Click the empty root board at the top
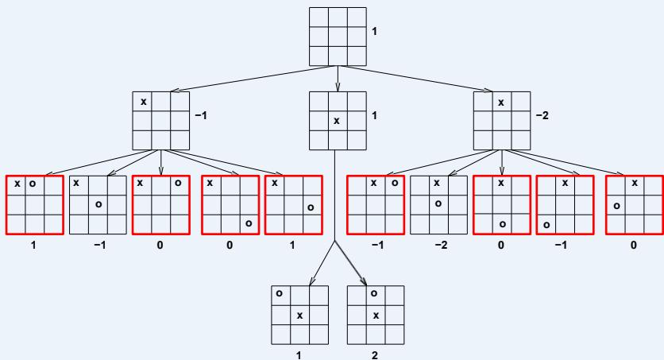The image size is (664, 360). pos(337,37)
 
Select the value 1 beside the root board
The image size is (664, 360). pos(375,31)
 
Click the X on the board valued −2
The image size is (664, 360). pos(500,102)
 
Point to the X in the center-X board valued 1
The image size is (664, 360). pos(337,121)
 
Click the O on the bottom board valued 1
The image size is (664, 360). pos(280,293)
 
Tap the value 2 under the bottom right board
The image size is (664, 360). pos(376,355)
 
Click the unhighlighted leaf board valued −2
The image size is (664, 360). pos(438,203)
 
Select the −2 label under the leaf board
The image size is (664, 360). pos(441,246)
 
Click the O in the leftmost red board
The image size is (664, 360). pos(33,184)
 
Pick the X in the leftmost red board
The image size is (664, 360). pos(17,184)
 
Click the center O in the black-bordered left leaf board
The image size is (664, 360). pos(98,204)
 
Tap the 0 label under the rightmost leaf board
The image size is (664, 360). pos(633,246)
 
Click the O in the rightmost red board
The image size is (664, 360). pos(616,204)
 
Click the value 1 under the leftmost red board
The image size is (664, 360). pos(33,246)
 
